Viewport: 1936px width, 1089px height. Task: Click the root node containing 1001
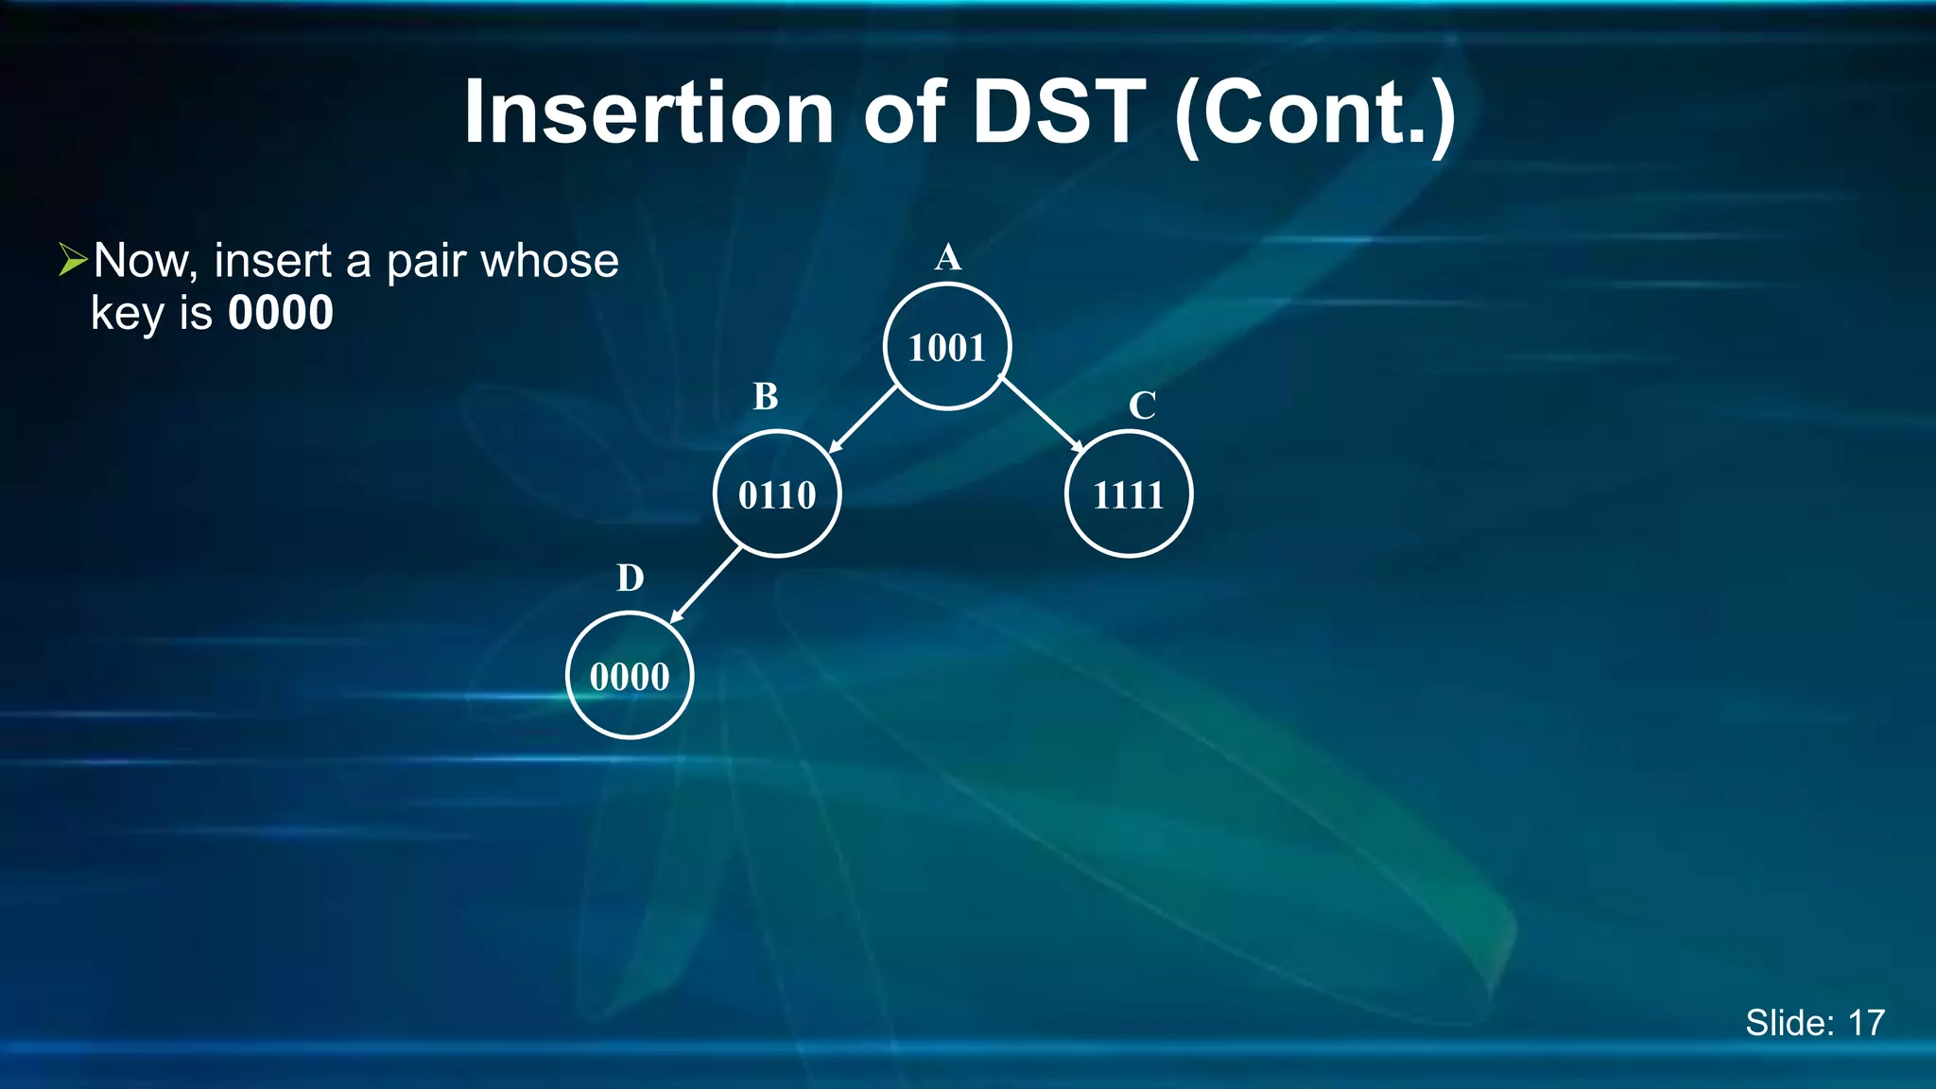point(947,347)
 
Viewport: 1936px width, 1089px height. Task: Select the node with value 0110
point(777,494)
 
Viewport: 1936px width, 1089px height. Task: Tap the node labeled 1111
point(1128,494)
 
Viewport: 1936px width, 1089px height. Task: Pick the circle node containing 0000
point(630,676)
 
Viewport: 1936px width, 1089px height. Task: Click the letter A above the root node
point(947,257)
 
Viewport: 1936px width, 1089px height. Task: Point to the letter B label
point(766,397)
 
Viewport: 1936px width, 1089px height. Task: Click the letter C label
point(1142,406)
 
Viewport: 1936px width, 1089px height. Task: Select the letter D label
point(631,578)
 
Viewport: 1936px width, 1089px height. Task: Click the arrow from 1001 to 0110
point(862,420)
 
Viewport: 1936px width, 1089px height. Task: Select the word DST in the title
point(1059,112)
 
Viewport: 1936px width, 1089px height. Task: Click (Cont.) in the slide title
point(1314,114)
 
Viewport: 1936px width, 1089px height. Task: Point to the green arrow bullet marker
point(72,259)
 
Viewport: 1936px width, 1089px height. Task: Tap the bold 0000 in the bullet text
point(281,313)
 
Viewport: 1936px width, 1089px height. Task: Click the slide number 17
point(1866,1023)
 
